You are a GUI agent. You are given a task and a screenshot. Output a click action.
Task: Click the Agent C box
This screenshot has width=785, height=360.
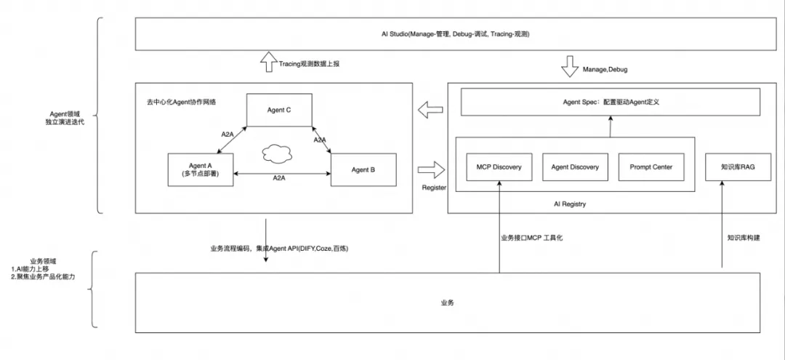(x=279, y=110)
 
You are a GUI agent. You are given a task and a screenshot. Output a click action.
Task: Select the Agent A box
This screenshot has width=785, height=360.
(x=200, y=169)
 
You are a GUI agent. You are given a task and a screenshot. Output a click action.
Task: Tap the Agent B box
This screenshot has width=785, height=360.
(x=363, y=169)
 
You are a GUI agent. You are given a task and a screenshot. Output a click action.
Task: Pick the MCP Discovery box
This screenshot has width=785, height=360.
(x=494, y=167)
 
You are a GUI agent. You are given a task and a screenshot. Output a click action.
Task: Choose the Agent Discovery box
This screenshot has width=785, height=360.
(x=575, y=167)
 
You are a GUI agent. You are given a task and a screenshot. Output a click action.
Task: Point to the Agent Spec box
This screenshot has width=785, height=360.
(x=610, y=102)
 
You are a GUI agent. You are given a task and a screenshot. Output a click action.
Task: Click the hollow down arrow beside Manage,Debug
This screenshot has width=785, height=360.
(x=569, y=69)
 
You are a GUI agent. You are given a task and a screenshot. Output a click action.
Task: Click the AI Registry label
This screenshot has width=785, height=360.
(x=570, y=204)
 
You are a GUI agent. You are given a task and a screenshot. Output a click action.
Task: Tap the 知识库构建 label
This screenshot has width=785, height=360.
(x=744, y=237)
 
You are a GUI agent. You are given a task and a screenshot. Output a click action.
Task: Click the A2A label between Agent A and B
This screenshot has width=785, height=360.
(x=279, y=177)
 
